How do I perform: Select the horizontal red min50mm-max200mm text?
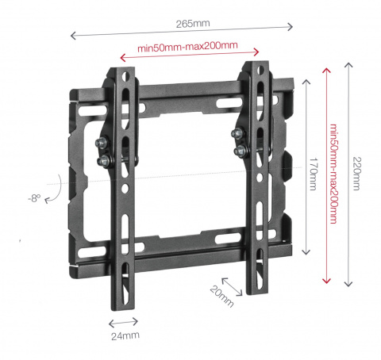point(187,48)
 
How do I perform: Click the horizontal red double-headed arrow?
point(187,58)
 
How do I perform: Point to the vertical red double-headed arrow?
point(325,174)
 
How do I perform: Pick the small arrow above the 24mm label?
point(122,323)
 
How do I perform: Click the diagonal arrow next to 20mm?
point(230,285)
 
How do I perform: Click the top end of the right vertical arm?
point(255,67)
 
